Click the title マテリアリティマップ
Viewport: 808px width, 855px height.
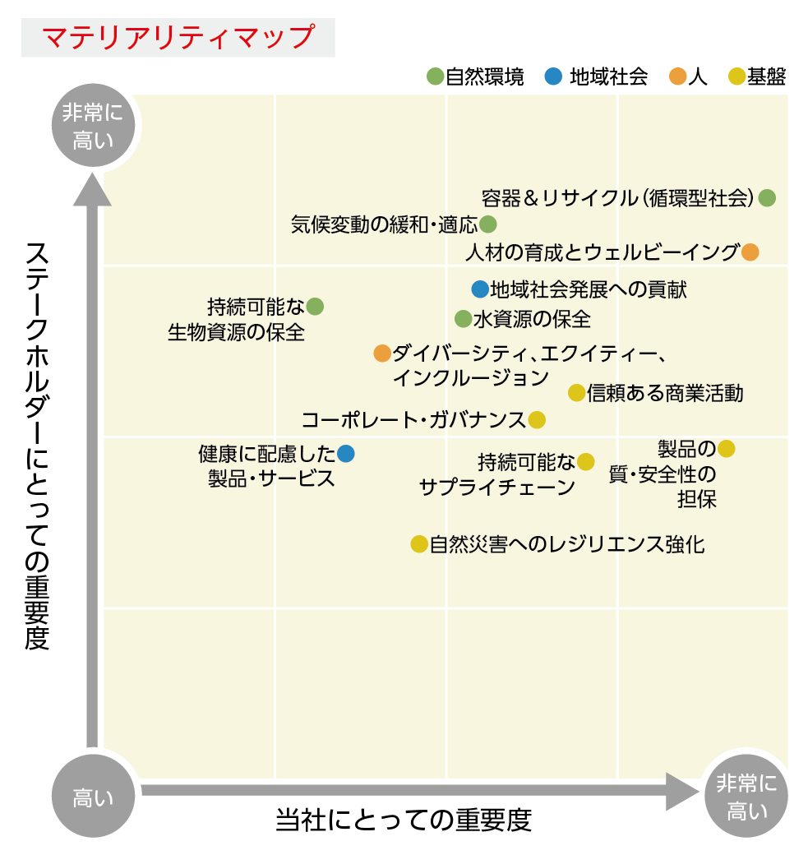coord(178,37)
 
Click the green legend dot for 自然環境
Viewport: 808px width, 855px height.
coord(435,76)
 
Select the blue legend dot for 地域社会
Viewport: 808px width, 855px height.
coord(553,76)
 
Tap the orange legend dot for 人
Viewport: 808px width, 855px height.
coord(677,76)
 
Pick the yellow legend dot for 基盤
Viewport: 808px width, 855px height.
coord(737,76)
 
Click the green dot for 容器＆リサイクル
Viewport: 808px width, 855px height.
coord(767,197)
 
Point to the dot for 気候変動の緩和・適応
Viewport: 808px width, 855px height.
coord(488,224)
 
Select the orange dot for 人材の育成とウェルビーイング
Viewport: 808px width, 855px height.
coord(750,252)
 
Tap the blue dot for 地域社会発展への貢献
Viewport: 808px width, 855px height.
coord(480,289)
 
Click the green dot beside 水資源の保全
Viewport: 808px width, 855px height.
coord(463,319)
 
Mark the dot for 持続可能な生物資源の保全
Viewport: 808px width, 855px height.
coord(315,307)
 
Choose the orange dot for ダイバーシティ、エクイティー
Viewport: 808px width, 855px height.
coord(382,354)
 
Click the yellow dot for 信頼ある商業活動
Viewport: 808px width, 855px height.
coord(576,393)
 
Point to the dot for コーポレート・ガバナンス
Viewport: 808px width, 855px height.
coord(537,420)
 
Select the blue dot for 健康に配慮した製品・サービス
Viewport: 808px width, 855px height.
coord(346,453)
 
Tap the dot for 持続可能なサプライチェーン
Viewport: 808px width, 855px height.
coord(585,462)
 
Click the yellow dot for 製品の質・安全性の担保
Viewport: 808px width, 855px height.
coord(727,449)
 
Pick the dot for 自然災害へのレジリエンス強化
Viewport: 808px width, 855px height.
coord(418,544)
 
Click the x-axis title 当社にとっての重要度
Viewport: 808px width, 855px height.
coord(404,820)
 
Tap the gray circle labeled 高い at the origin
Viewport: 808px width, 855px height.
coord(93,796)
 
